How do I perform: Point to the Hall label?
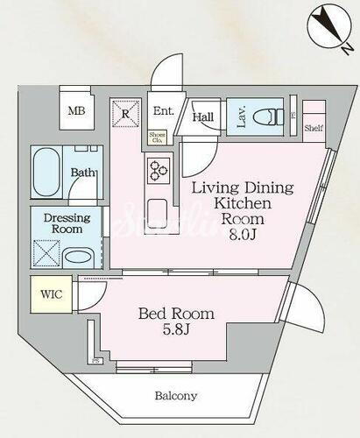203,117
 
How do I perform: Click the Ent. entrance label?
163,112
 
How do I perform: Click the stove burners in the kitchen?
159,170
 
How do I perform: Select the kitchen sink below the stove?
159,212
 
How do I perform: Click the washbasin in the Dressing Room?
81,258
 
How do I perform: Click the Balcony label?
176,396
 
